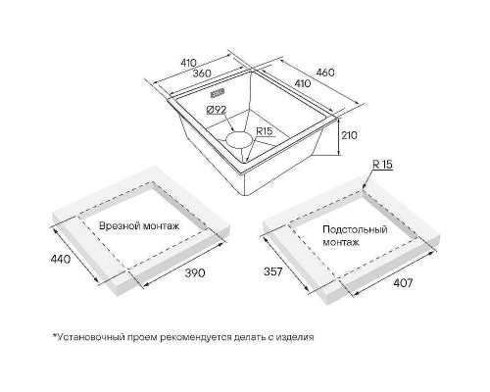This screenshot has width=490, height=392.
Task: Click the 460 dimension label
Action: coord(325,73)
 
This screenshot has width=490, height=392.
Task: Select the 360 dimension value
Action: coord(201,73)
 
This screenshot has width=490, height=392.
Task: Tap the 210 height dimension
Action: coord(349,135)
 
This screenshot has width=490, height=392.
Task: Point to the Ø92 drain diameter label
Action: coord(217,110)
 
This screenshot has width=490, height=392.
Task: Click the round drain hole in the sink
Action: coord(240,141)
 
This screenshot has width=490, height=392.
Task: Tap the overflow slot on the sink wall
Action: coord(218,93)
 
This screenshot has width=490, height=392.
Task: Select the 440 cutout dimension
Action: coord(61,259)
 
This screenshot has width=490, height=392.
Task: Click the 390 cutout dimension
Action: coord(195,272)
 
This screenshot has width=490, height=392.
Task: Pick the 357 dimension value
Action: coord(272,271)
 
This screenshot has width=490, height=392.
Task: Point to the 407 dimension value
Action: coord(403,283)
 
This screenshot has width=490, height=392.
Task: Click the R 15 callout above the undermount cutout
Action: coord(382,165)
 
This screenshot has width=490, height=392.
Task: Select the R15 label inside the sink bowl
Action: coord(264,131)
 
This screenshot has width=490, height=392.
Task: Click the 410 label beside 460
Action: coord(303,83)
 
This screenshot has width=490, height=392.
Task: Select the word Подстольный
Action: coord(355,229)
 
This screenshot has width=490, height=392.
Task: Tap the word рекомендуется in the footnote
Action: coord(195,337)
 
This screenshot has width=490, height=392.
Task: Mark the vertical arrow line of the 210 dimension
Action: coord(339,137)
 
